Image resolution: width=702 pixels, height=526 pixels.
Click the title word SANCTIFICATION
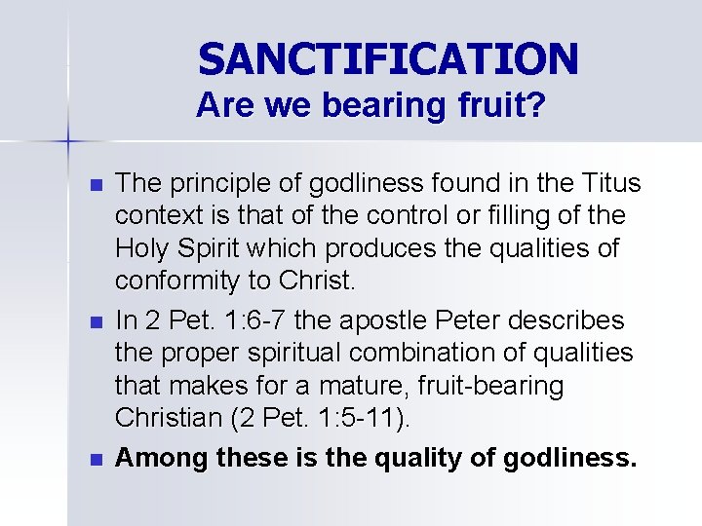tap(388, 59)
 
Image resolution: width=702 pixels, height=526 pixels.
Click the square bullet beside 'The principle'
tap(95, 184)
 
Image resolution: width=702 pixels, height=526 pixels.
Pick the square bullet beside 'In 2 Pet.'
tap(95, 320)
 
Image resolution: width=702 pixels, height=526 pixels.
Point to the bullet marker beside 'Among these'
tap(95, 458)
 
